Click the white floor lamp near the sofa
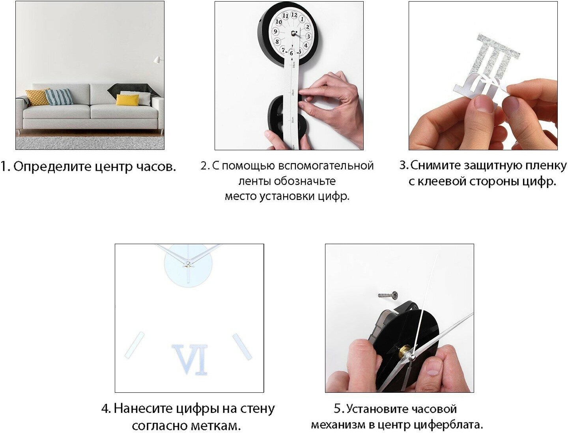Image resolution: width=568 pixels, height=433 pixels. [x=158, y=60]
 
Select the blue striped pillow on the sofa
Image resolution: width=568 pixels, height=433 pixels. [x=59, y=97]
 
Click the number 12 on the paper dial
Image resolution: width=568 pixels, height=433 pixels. [x=294, y=15]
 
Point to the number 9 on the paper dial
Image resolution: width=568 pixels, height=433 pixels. [x=275, y=32]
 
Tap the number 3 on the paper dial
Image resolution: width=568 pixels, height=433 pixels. [x=308, y=36]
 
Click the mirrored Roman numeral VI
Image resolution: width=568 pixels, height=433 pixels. [x=190, y=359]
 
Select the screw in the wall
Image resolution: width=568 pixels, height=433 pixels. [x=387, y=294]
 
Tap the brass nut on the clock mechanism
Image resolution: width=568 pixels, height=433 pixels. [x=403, y=353]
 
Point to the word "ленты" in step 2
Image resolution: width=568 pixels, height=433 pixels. [x=255, y=181]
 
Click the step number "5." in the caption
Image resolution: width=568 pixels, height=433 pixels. [x=338, y=409]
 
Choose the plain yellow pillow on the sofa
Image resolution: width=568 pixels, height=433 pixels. [x=127, y=100]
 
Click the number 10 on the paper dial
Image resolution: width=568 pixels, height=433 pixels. [x=278, y=22]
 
